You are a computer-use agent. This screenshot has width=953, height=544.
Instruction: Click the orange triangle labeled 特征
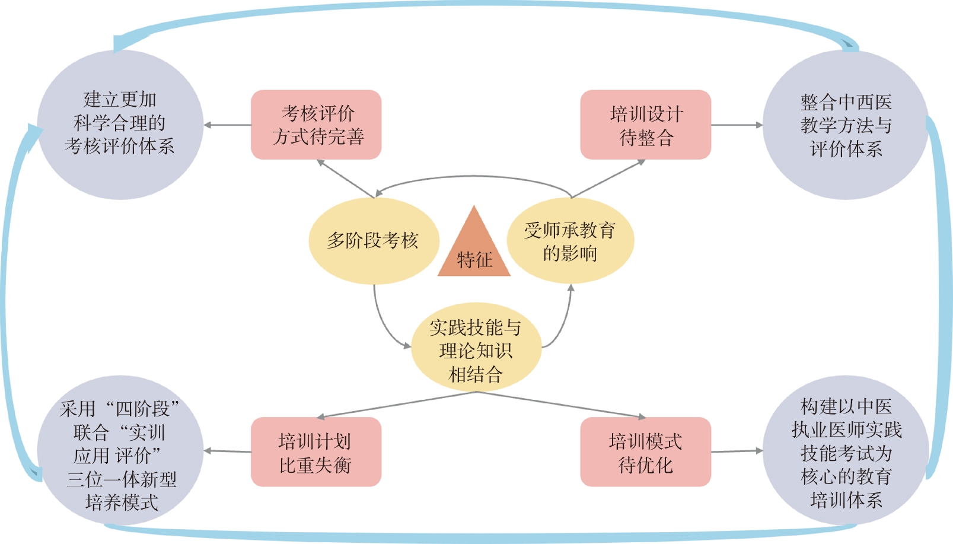click(x=474, y=249)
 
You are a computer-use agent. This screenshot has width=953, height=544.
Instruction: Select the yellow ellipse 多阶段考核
click(x=373, y=240)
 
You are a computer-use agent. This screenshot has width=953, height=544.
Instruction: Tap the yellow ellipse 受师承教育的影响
click(x=570, y=240)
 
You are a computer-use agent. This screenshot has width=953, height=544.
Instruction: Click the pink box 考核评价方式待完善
click(x=316, y=125)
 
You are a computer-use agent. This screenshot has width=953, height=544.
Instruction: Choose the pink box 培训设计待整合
click(x=645, y=125)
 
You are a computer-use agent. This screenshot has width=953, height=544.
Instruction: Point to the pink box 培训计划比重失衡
click(x=316, y=452)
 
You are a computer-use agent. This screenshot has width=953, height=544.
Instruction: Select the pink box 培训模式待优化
click(x=645, y=452)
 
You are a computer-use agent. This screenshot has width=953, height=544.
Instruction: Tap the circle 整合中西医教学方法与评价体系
click(x=845, y=125)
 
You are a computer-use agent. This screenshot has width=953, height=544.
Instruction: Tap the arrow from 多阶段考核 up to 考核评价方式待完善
click(x=345, y=178)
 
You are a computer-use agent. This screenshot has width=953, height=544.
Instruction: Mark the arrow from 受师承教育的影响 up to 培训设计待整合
click(x=608, y=177)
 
